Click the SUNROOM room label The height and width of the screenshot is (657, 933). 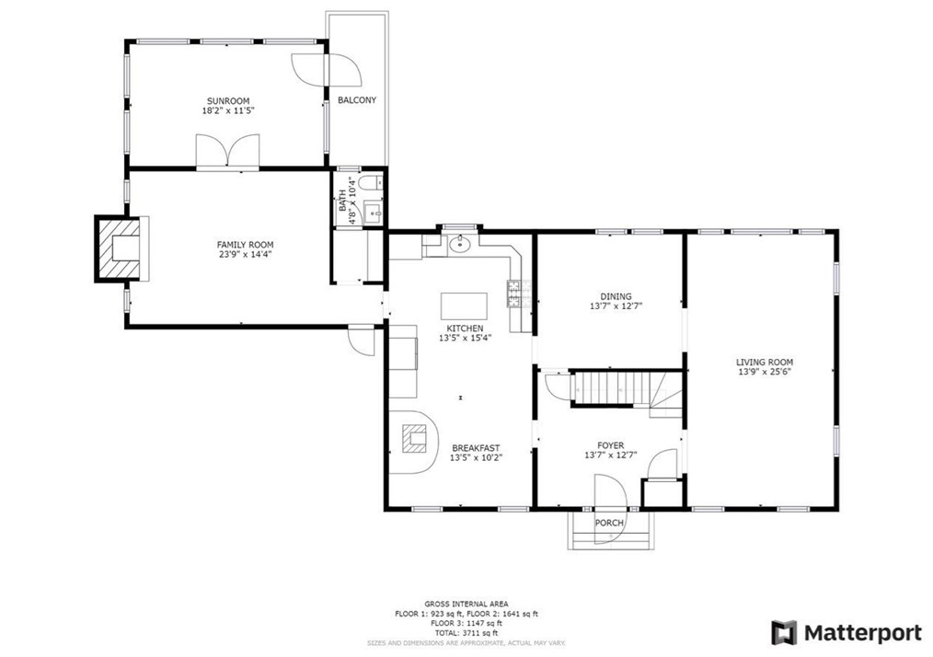(x=227, y=100)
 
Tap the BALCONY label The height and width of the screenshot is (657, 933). (x=357, y=100)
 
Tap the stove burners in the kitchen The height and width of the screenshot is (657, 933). (x=514, y=294)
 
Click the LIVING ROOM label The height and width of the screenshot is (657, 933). (x=765, y=362)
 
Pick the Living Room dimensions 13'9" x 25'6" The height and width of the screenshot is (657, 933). (x=765, y=373)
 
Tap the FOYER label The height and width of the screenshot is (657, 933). (x=610, y=444)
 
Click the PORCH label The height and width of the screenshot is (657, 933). (x=610, y=523)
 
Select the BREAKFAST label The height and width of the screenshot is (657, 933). (x=475, y=447)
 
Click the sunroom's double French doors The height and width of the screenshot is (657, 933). (x=228, y=152)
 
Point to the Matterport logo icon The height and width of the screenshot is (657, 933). (x=784, y=632)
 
